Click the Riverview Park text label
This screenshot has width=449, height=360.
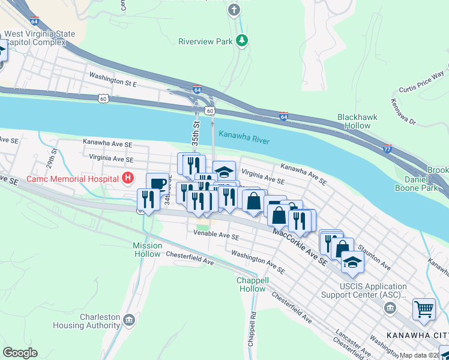pyautogui.click(x=205, y=41)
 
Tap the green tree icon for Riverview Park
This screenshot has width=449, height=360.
pyautogui.click(x=241, y=41)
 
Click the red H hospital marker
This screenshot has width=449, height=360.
pyautogui.click(x=127, y=178)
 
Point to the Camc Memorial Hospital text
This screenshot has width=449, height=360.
pyautogui.click(x=72, y=179)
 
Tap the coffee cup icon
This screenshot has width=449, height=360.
pyautogui.click(x=157, y=183)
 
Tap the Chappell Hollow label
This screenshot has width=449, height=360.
pyautogui.click(x=251, y=284)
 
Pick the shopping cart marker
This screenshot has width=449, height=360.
pyautogui.click(x=424, y=310)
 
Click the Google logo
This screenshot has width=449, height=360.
pyautogui.click(x=20, y=353)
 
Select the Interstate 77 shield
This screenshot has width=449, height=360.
pyautogui.click(x=387, y=147)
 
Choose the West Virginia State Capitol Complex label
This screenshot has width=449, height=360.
pyautogui.click(x=40, y=38)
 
